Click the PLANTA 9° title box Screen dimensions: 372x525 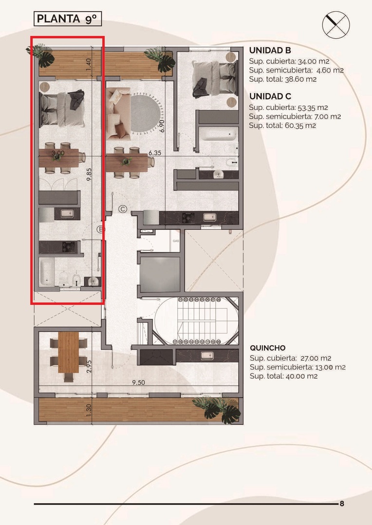click(x=68, y=19)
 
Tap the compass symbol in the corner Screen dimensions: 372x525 click(x=336, y=25)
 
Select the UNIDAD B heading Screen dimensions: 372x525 click(x=270, y=51)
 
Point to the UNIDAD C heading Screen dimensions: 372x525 click(x=270, y=96)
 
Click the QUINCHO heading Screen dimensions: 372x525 click(x=268, y=348)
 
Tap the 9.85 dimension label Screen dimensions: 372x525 click(x=89, y=175)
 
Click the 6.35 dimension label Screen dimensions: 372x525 click(x=155, y=153)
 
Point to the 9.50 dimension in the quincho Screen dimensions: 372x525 click(x=138, y=383)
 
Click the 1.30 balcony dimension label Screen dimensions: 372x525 click(x=89, y=410)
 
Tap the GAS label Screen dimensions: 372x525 click(x=176, y=241)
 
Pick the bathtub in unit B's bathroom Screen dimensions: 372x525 click(x=47, y=271)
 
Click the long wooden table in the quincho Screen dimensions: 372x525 click(x=69, y=352)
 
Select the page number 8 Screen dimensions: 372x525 click(x=342, y=504)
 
